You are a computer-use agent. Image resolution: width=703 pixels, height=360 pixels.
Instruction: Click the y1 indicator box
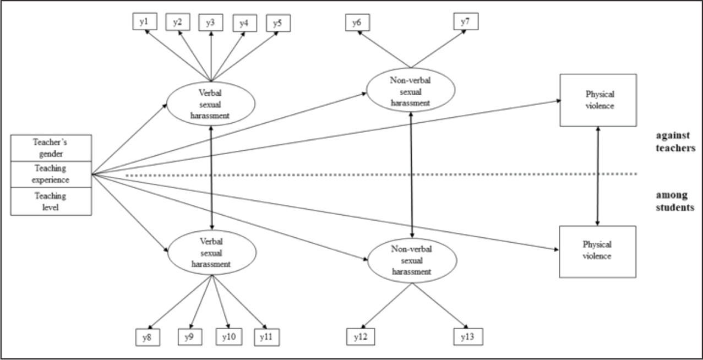pyautogui.click(x=145, y=21)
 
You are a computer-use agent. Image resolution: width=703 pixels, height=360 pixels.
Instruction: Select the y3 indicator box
pyautogui.click(x=211, y=22)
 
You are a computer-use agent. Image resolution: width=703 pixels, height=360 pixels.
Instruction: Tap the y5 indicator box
pyautogui.click(x=278, y=23)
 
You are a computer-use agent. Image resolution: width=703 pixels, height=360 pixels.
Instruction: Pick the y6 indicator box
pyautogui.click(x=357, y=22)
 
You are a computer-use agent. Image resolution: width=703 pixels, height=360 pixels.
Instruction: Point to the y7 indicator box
pyautogui.click(x=466, y=21)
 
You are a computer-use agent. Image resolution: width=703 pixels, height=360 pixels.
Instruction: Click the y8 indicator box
pyautogui.click(x=148, y=337)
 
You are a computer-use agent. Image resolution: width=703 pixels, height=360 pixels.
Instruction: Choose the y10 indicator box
pyautogui.click(x=229, y=337)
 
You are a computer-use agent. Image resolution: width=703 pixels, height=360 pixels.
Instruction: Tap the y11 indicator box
pyautogui.click(x=267, y=337)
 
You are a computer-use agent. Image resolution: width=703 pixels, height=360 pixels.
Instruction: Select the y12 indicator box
pyautogui.click(x=360, y=337)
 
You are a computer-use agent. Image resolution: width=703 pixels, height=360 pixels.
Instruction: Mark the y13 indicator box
pyautogui.click(x=468, y=337)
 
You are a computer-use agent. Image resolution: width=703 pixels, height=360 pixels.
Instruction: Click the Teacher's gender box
pyautogui.click(x=51, y=148)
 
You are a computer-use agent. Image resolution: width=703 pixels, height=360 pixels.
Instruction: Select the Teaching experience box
pyautogui.click(x=51, y=174)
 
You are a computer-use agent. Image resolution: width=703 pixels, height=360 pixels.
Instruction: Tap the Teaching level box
pyautogui.click(x=51, y=201)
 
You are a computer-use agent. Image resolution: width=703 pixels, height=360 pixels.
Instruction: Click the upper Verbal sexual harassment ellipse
pyautogui.click(x=211, y=104)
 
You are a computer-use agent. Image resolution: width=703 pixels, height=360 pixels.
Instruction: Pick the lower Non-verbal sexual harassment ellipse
pyautogui.click(x=412, y=260)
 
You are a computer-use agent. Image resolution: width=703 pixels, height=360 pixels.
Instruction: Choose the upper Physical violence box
pyautogui.click(x=598, y=100)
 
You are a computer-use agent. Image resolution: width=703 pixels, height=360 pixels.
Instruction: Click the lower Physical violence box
pyautogui.click(x=597, y=252)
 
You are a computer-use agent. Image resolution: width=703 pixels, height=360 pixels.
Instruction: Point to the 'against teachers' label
pyautogui.click(x=675, y=141)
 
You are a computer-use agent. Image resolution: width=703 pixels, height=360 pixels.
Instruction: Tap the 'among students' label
pyautogui.click(x=675, y=201)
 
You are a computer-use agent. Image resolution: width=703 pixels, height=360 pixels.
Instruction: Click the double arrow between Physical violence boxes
pyautogui.click(x=598, y=176)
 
